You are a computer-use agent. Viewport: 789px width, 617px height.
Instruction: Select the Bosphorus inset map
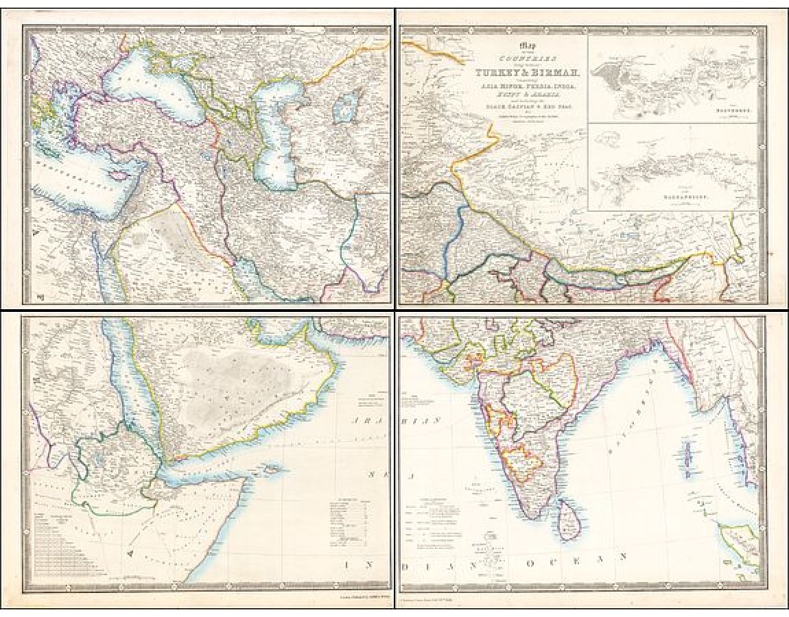click(672, 79)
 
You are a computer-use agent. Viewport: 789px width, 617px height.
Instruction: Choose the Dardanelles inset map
click(672, 168)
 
